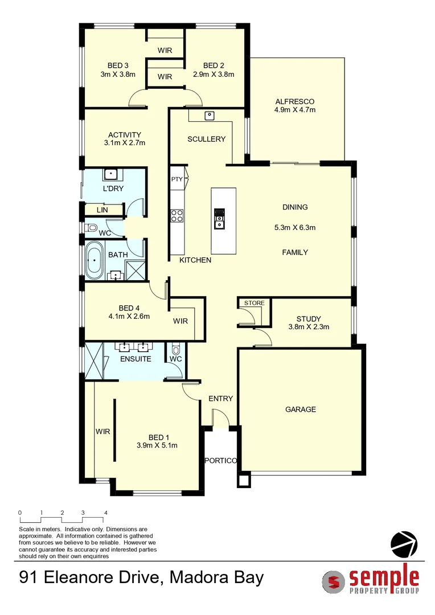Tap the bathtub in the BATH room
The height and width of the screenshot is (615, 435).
94,262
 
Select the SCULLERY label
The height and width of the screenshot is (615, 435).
206,139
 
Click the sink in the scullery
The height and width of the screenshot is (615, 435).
210,116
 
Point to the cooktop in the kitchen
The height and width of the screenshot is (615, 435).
177,215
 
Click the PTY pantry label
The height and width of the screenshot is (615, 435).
177,179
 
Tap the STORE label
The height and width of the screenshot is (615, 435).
254,303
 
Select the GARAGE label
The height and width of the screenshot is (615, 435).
300,409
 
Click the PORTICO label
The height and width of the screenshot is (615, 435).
220,461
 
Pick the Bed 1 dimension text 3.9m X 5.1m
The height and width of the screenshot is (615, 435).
157,445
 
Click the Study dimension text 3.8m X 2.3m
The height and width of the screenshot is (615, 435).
309,327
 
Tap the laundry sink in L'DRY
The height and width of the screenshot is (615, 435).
110,174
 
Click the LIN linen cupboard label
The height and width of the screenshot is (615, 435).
102,210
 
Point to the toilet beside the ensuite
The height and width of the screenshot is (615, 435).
175,349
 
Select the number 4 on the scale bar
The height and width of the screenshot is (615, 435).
105,513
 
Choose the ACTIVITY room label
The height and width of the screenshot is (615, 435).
124,135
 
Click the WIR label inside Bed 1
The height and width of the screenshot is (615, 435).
102,432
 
